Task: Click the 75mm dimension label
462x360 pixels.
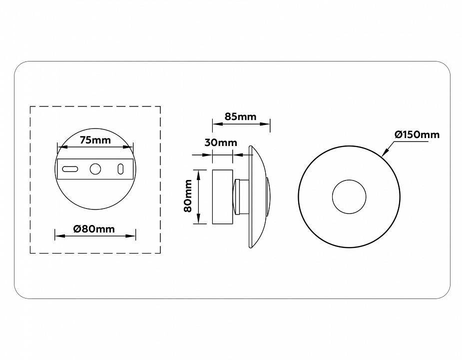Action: (95, 140)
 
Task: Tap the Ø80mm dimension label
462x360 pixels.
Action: (94, 229)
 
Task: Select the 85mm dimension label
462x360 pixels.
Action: (240, 116)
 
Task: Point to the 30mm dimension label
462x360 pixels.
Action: (221, 143)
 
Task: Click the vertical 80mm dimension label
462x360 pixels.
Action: (188, 196)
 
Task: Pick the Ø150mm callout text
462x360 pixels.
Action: (417, 134)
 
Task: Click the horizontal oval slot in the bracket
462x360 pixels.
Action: (70, 169)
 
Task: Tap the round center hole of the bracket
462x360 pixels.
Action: (95, 169)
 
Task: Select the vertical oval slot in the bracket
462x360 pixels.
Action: (120, 169)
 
